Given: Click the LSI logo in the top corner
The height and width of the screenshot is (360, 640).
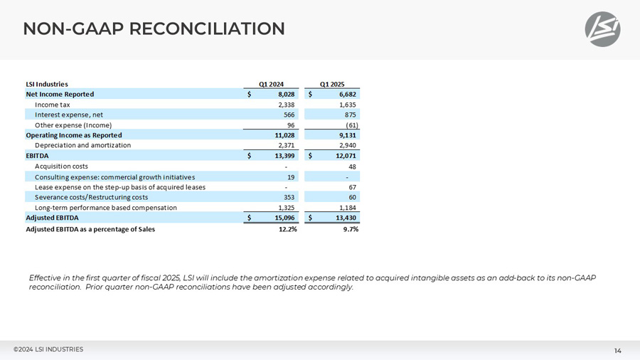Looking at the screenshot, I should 602,30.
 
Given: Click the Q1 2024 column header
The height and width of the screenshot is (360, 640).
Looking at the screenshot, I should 270,84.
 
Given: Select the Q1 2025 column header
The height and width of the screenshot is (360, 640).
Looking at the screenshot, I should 332,84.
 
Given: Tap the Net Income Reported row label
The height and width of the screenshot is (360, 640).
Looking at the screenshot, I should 60,94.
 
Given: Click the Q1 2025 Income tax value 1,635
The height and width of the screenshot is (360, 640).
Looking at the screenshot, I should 347,105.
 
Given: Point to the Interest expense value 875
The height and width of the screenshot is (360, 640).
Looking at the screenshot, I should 351,115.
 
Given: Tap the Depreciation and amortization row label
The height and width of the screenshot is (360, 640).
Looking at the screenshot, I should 82,145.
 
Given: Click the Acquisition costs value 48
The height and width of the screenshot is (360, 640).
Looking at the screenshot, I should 353,166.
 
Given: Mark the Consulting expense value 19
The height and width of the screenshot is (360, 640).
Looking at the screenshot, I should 290,176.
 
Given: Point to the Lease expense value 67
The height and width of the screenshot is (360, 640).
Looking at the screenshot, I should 353,186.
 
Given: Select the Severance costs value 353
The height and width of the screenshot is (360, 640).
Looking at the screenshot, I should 289,197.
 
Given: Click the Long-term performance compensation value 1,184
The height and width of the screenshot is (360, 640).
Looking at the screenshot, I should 347,207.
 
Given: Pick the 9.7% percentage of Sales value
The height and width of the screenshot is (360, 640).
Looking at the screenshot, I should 349,229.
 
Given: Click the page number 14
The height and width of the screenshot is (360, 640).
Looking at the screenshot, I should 618,350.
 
